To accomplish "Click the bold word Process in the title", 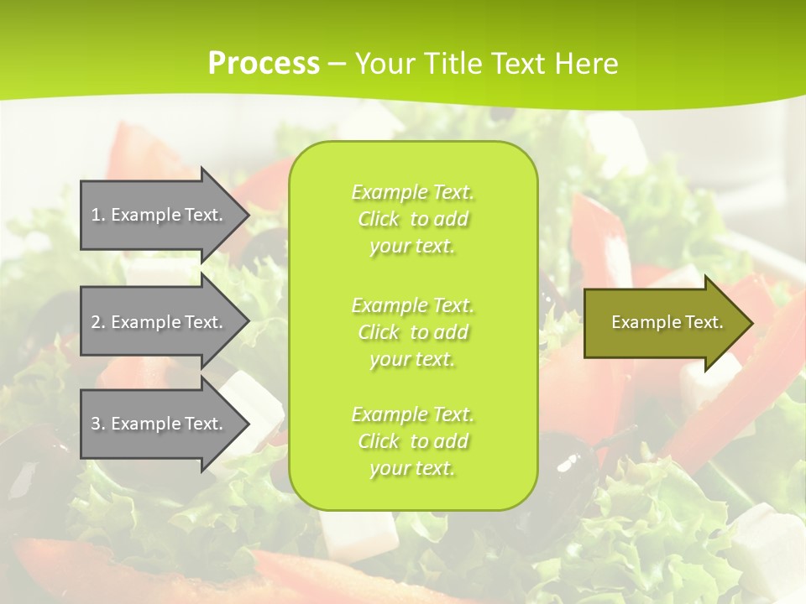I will point(264,64).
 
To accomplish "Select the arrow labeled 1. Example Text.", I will point(160,215).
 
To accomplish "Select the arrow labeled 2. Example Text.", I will point(160,322).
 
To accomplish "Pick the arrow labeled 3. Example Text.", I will point(160,424).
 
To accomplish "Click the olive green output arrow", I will point(663,322).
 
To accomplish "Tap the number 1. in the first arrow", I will point(98,215).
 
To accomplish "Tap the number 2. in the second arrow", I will point(98,322).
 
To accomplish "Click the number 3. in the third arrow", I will point(98,424).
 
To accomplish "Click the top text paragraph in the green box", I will point(412,219).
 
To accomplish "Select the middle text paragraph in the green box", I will point(412,332).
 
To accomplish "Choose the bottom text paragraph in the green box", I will point(412,441).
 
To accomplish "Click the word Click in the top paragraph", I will point(379,219).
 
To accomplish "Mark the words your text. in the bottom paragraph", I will point(412,468).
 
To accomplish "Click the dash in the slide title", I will point(337,64).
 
